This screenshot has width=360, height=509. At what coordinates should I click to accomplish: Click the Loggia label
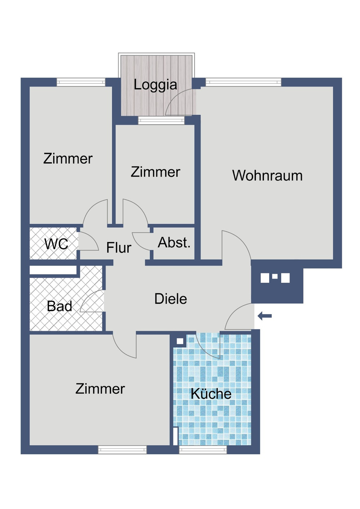(x=155, y=85)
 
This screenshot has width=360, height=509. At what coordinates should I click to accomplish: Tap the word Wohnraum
(x=267, y=176)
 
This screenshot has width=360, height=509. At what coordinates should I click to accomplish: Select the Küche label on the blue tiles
(x=211, y=394)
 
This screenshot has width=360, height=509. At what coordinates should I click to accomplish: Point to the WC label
(x=56, y=244)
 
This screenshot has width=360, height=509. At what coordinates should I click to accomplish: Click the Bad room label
(x=59, y=306)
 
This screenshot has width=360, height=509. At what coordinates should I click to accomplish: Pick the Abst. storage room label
(x=174, y=242)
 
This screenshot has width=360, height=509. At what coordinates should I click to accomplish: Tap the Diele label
(x=171, y=299)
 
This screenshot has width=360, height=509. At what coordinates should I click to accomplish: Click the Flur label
(x=119, y=248)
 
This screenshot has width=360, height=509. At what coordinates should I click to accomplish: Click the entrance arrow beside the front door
(x=265, y=316)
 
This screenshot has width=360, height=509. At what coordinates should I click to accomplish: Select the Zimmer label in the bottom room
(x=100, y=389)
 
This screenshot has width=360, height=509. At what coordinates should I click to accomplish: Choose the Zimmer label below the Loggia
(x=155, y=172)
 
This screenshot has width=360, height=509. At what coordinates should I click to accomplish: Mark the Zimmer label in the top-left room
(x=68, y=159)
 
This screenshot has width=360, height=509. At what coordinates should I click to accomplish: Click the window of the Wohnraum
(x=243, y=82)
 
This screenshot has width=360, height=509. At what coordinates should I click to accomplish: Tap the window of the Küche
(x=203, y=449)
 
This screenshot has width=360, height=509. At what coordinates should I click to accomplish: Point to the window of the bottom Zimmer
(x=122, y=449)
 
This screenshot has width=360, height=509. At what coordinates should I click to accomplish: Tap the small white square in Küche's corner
(x=180, y=341)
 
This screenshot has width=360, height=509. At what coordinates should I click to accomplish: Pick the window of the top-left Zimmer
(x=81, y=82)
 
